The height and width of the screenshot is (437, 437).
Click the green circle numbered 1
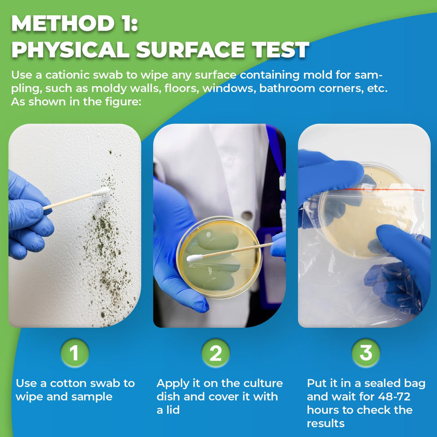click(x=74, y=353)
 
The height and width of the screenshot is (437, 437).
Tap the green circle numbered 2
click(x=216, y=353)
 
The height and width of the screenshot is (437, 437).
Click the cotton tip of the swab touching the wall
click(x=101, y=192)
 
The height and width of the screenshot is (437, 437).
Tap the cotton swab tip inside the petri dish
click(x=193, y=258)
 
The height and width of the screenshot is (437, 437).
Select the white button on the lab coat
click(x=247, y=215)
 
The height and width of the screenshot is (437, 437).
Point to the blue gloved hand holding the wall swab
click(x=27, y=216)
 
